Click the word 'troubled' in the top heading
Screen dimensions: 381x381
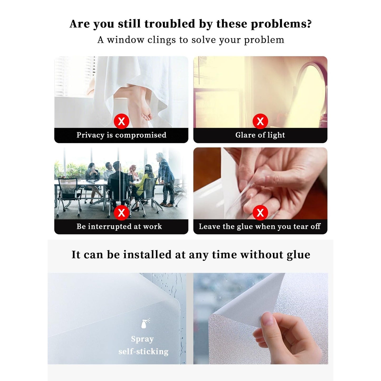[170, 24]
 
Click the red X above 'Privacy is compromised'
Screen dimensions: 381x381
[121, 121]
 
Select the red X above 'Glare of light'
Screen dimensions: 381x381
[260, 121]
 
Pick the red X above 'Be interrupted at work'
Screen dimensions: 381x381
[121, 213]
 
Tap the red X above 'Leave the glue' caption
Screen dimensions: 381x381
[260, 213]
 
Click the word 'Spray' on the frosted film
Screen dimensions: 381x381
[142, 339]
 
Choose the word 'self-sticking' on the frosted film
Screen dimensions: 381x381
[143, 351]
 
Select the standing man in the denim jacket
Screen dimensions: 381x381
[166, 179]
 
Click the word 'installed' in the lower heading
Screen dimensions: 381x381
[148, 254]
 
